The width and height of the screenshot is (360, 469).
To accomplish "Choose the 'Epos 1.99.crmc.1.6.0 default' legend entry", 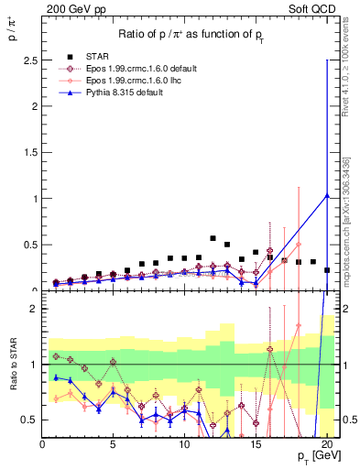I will (x=147, y=69).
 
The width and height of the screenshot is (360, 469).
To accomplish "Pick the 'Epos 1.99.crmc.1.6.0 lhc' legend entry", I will (x=137, y=81).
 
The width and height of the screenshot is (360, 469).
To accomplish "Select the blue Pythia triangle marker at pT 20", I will (x=327, y=194).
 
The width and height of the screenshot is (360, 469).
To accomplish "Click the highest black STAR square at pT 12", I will (x=213, y=238).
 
